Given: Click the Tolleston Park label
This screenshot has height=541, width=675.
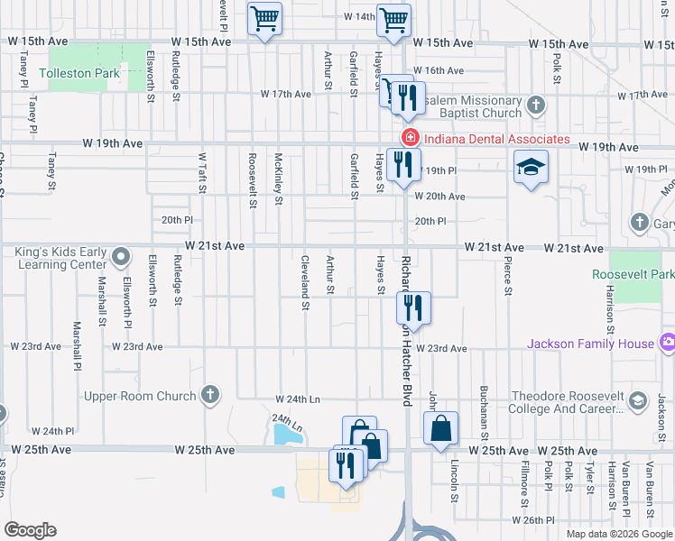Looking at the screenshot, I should (x=73, y=74).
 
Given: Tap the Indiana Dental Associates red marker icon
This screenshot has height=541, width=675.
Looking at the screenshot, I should (x=409, y=139).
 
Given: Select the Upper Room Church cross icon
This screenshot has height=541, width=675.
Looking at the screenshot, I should (x=209, y=395).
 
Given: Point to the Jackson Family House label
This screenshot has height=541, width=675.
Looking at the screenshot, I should (x=590, y=344).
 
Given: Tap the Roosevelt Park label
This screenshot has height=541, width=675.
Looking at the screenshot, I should (x=633, y=274).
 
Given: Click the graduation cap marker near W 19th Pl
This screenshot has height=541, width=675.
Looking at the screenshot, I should (x=531, y=167).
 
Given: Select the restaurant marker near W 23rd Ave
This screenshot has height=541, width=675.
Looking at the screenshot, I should (x=413, y=306).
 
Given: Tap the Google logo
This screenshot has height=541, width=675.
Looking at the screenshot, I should (x=30, y=530).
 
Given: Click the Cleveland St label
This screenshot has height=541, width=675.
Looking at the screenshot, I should (x=306, y=283).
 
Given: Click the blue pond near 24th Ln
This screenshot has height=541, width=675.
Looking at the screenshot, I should (x=288, y=435).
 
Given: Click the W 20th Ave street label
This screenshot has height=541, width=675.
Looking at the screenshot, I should (x=439, y=197).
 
